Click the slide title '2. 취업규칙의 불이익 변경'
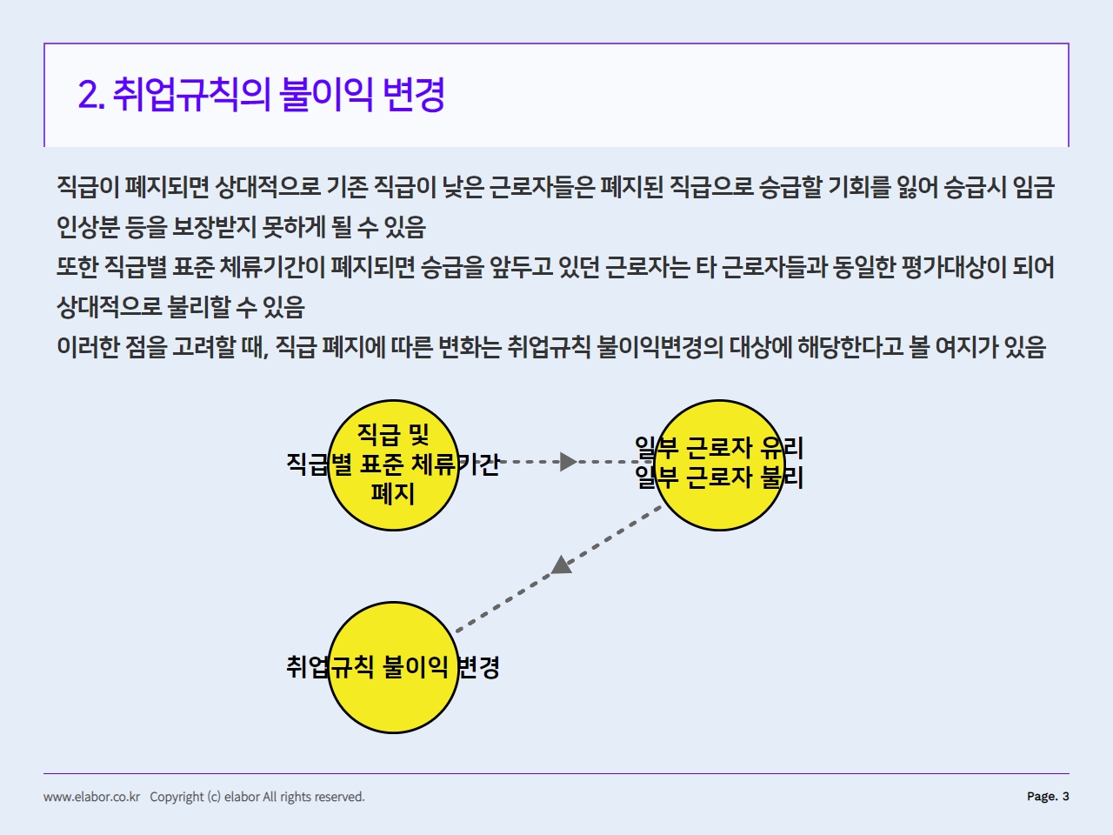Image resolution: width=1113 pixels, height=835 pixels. point(261,94)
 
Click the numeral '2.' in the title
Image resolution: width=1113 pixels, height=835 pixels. point(91,95)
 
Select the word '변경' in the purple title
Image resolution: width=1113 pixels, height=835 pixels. point(414,94)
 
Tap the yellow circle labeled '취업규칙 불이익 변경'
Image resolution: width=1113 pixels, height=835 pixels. point(393,667)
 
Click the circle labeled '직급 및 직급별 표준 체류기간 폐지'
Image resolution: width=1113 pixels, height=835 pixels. point(393,464)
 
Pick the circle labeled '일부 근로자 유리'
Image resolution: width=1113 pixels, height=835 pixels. point(719,464)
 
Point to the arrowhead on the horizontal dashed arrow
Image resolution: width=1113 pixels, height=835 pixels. point(569,461)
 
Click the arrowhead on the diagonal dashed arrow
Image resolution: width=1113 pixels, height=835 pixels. point(562,565)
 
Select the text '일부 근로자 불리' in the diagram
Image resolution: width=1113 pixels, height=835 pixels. point(719,478)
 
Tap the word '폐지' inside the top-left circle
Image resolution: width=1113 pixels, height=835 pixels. point(393,493)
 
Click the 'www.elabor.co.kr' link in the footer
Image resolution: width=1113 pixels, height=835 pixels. point(92,797)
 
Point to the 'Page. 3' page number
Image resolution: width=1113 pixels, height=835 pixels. point(1048,796)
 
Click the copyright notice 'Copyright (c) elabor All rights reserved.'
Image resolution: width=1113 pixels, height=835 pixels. point(257,797)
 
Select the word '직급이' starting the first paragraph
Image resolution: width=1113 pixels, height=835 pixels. point(88,186)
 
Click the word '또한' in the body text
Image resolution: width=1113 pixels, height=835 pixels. point(77,267)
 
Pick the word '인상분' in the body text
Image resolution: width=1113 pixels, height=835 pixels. point(88,227)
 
